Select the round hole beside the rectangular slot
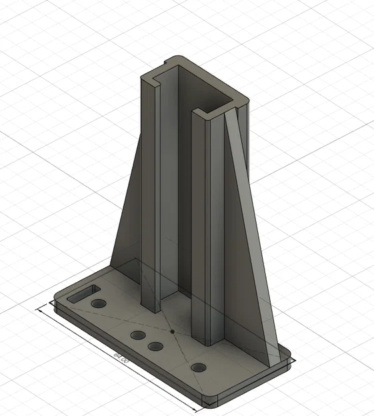[x=99, y=304]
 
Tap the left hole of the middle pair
[x=138, y=335]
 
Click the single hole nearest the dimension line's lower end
[x=198, y=367]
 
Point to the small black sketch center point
[x=172, y=329]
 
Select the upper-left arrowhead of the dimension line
[x=41, y=309]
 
